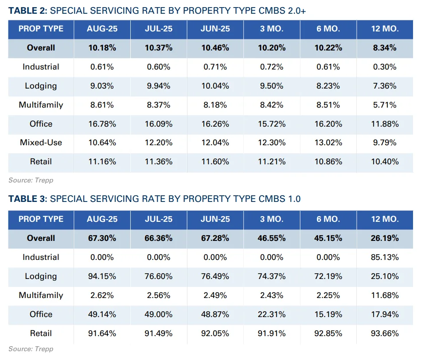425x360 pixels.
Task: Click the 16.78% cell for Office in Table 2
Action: click(x=102, y=124)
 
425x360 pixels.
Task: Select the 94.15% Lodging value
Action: click(x=102, y=276)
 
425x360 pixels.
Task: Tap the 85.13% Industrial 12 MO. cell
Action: click(x=385, y=257)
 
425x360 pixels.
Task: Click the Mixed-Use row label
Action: click(x=41, y=143)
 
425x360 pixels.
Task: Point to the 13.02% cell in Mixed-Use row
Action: click(x=328, y=143)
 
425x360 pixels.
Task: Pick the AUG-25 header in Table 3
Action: click(x=102, y=219)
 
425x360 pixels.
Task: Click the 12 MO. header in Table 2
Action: click(x=385, y=29)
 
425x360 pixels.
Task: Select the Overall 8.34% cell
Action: click(x=385, y=48)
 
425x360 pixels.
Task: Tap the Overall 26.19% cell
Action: click(x=385, y=238)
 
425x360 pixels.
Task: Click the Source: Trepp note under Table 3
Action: click(x=31, y=349)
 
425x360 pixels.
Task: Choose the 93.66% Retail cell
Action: click(x=385, y=333)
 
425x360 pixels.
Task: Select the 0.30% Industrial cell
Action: click(x=385, y=67)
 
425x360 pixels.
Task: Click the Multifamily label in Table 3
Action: click(x=41, y=295)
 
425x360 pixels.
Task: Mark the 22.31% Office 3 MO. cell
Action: click(x=272, y=314)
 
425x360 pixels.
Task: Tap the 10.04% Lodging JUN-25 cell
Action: click(x=215, y=86)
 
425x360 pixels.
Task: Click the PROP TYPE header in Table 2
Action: click(x=41, y=29)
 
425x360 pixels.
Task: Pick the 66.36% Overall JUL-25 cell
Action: click(x=158, y=238)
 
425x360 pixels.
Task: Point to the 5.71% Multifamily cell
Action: click(x=385, y=105)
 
